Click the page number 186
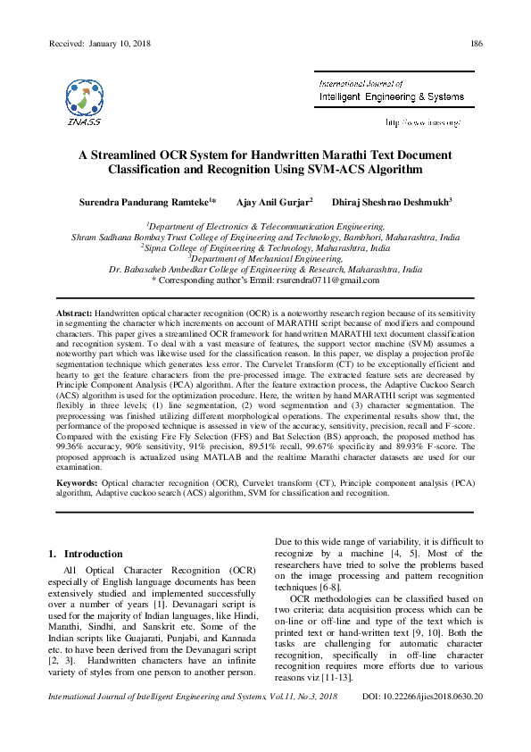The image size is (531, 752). [x=477, y=44]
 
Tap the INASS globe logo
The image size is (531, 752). [x=83, y=98]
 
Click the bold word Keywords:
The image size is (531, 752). [x=77, y=482]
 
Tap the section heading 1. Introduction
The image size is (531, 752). [x=85, y=554]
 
